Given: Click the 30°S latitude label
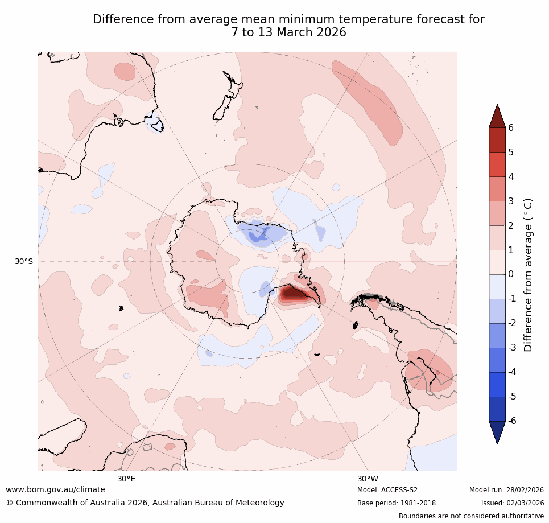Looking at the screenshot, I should click(24, 261).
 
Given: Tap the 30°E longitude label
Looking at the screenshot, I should click(126, 479).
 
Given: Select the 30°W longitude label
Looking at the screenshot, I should click(368, 479).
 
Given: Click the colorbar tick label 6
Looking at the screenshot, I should click(510, 127).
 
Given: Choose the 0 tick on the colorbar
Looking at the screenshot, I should click(510, 274).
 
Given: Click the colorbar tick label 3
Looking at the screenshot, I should click(510, 201).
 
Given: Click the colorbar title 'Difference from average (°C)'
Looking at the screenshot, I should click(528, 274).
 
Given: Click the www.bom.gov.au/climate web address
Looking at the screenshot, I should click(55, 489).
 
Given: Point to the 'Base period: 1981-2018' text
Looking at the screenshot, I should click(396, 503).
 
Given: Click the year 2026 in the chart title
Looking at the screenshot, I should click(329, 32).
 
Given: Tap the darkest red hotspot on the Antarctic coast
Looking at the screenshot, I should click(292, 293).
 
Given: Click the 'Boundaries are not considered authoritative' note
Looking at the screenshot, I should click(471, 516).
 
